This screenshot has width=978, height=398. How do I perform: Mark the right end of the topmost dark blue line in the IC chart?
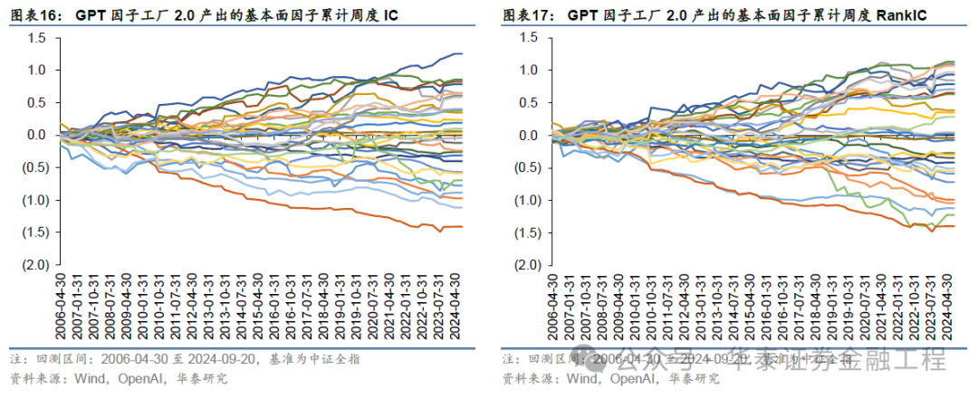click(462, 54)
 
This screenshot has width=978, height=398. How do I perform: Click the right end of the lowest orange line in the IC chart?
click(462, 226)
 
